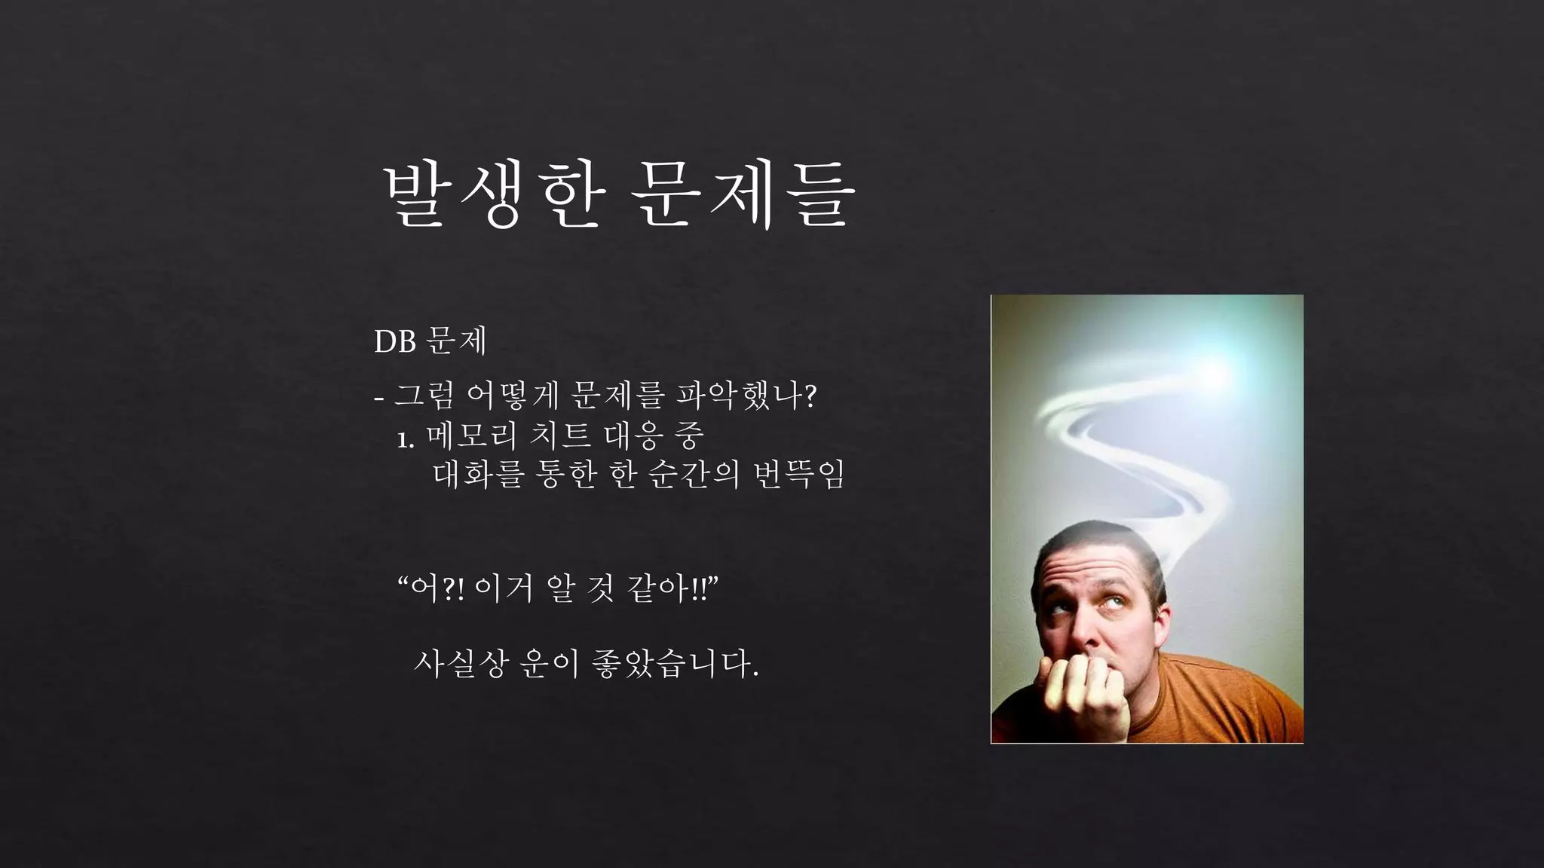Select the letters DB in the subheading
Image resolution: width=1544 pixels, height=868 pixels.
pos(395,342)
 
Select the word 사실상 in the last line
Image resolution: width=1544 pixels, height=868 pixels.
pos(458,663)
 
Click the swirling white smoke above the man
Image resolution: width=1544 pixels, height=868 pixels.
pos(1131,452)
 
